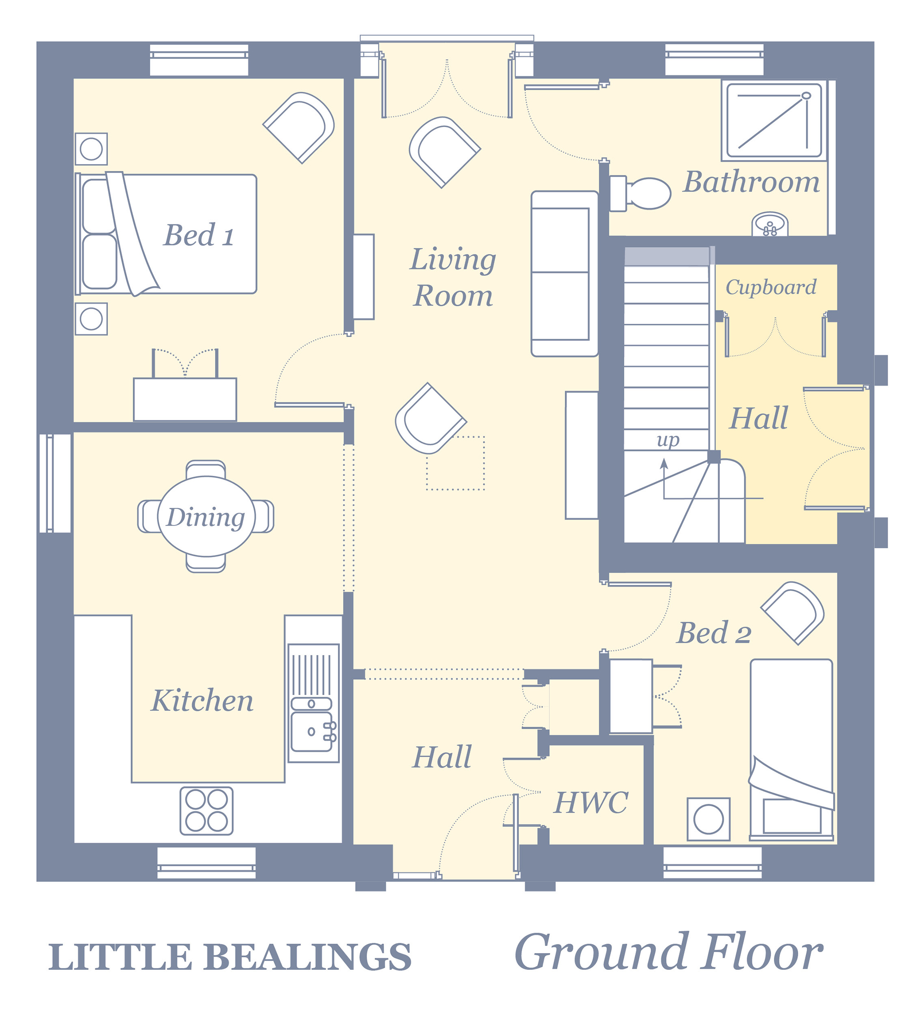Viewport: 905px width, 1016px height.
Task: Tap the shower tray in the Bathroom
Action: [774, 120]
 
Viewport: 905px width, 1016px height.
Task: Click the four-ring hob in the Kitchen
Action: [206, 811]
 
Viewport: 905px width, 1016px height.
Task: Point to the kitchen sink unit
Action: [314, 703]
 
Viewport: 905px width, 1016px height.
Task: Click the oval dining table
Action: [206, 516]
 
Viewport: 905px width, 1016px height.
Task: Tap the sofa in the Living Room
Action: [564, 273]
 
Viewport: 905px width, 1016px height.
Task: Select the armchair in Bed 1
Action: [299, 127]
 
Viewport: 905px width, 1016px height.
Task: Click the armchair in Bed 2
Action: [793, 613]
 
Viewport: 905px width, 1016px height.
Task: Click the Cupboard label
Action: [771, 287]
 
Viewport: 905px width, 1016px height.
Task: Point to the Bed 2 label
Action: [714, 633]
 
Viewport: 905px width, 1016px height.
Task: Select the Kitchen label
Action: [202, 700]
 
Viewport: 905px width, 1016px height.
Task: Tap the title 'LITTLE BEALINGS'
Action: [230, 957]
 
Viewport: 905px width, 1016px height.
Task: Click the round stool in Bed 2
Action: [709, 819]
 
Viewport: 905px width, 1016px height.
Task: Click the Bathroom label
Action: [751, 181]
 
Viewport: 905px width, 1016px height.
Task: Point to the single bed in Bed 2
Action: [791, 750]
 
